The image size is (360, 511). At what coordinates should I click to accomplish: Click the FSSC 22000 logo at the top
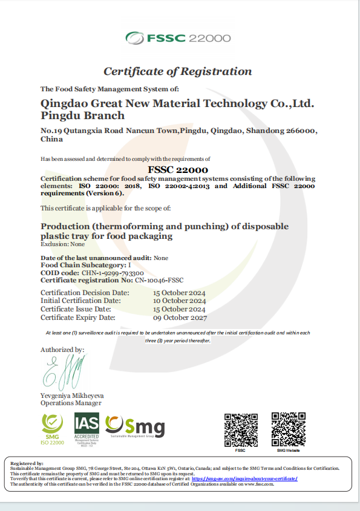pyautogui.click(x=178, y=38)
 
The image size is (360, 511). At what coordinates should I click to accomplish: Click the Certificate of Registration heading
pyautogui.click(x=177, y=71)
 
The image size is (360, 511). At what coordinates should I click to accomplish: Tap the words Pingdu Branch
pyautogui.click(x=82, y=116)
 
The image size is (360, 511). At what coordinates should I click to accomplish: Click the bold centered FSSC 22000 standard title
pyautogui.click(x=178, y=170)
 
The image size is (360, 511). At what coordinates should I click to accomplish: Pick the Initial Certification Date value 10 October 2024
pyautogui.click(x=180, y=301)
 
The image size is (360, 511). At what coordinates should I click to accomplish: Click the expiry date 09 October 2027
pyautogui.click(x=180, y=317)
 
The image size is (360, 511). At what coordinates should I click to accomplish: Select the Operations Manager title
pyautogui.click(x=71, y=403)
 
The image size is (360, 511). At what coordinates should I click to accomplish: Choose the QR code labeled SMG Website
pyautogui.click(x=288, y=429)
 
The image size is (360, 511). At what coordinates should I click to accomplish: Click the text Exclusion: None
pyautogui.click(x=62, y=244)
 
